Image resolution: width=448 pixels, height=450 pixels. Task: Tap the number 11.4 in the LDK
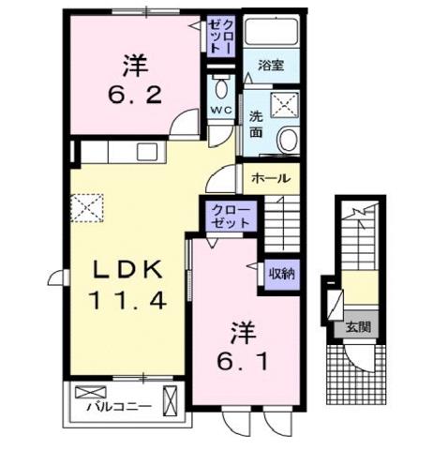tap(129, 301)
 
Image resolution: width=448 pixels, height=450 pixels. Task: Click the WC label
tap(220, 111)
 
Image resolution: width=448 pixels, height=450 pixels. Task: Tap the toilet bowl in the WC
tap(221, 90)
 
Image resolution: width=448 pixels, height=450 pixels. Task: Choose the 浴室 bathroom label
tap(272, 66)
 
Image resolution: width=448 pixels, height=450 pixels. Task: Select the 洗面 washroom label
tap(256, 127)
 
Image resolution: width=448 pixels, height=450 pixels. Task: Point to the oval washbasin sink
tap(288, 141)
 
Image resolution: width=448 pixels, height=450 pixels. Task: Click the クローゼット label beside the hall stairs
tap(230, 217)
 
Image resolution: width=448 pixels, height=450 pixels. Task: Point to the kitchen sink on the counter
tap(147, 152)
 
